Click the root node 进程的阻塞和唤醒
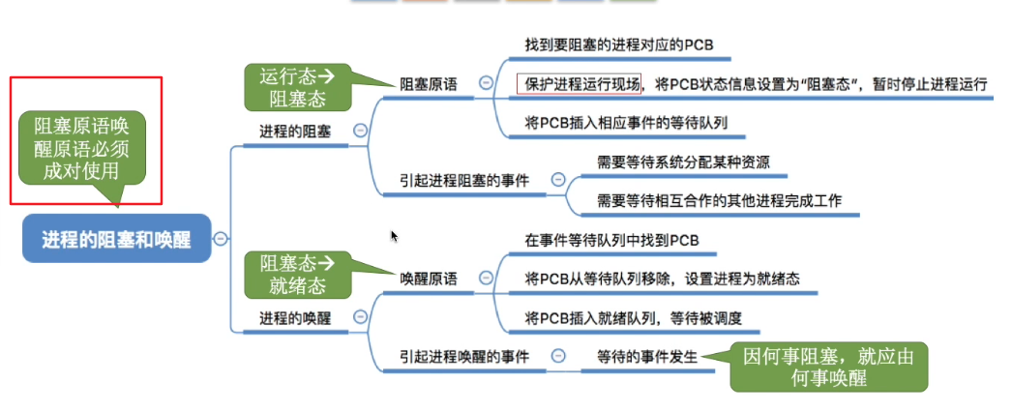[115, 239]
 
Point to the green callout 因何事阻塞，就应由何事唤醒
[828, 367]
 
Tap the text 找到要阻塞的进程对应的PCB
[619, 44]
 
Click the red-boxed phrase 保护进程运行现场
[579, 84]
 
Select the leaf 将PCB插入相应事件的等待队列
[626, 124]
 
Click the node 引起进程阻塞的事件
[464, 180]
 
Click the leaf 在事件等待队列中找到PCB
[611, 240]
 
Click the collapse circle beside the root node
[221, 239]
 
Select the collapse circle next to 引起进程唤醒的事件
[557, 357]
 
